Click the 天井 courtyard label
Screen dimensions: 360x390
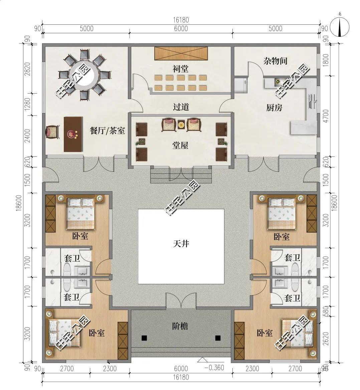(181, 244)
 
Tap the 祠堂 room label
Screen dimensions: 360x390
(180, 69)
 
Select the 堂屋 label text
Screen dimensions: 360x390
(180, 145)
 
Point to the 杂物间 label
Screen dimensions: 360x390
(276, 61)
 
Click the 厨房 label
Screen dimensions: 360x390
(274, 108)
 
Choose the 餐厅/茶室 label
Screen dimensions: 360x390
(107, 130)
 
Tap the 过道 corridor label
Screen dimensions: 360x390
(181, 107)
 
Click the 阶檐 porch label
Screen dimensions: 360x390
(180, 326)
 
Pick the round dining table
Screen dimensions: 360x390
(84, 75)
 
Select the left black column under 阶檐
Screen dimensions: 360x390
(144, 338)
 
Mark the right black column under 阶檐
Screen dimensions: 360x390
(218, 338)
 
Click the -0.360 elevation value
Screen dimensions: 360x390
(214, 367)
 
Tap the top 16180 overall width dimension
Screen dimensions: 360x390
(181, 20)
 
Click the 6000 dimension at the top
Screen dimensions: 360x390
(181, 29)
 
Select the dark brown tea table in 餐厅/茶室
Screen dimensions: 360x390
(73, 134)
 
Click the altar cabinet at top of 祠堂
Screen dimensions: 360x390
(181, 53)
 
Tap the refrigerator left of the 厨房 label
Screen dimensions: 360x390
(241, 86)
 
